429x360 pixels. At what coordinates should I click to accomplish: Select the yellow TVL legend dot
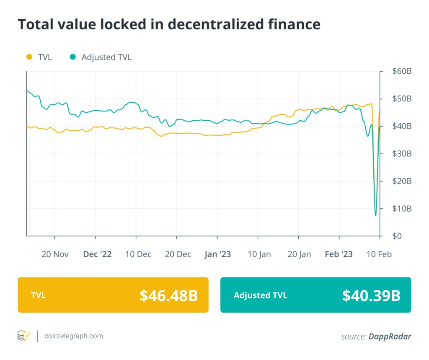pos(29,57)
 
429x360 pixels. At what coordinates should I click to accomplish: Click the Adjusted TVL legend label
pos(106,57)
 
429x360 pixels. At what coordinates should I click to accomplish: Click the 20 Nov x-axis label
pos(55,254)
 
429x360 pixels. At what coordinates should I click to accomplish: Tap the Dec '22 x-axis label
pos(97,254)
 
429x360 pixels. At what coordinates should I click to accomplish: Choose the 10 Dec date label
pos(138,254)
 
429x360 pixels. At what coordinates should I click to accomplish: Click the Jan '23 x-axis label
pos(217,254)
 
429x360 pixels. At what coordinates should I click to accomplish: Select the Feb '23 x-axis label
pos(339,254)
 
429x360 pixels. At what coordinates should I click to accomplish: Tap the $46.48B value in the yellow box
pos(168,295)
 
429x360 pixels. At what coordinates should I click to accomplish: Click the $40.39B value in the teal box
pos(371,295)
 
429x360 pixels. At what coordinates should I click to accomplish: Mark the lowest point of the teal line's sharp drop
pos(375,215)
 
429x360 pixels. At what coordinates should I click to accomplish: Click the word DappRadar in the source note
pos(390,336)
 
